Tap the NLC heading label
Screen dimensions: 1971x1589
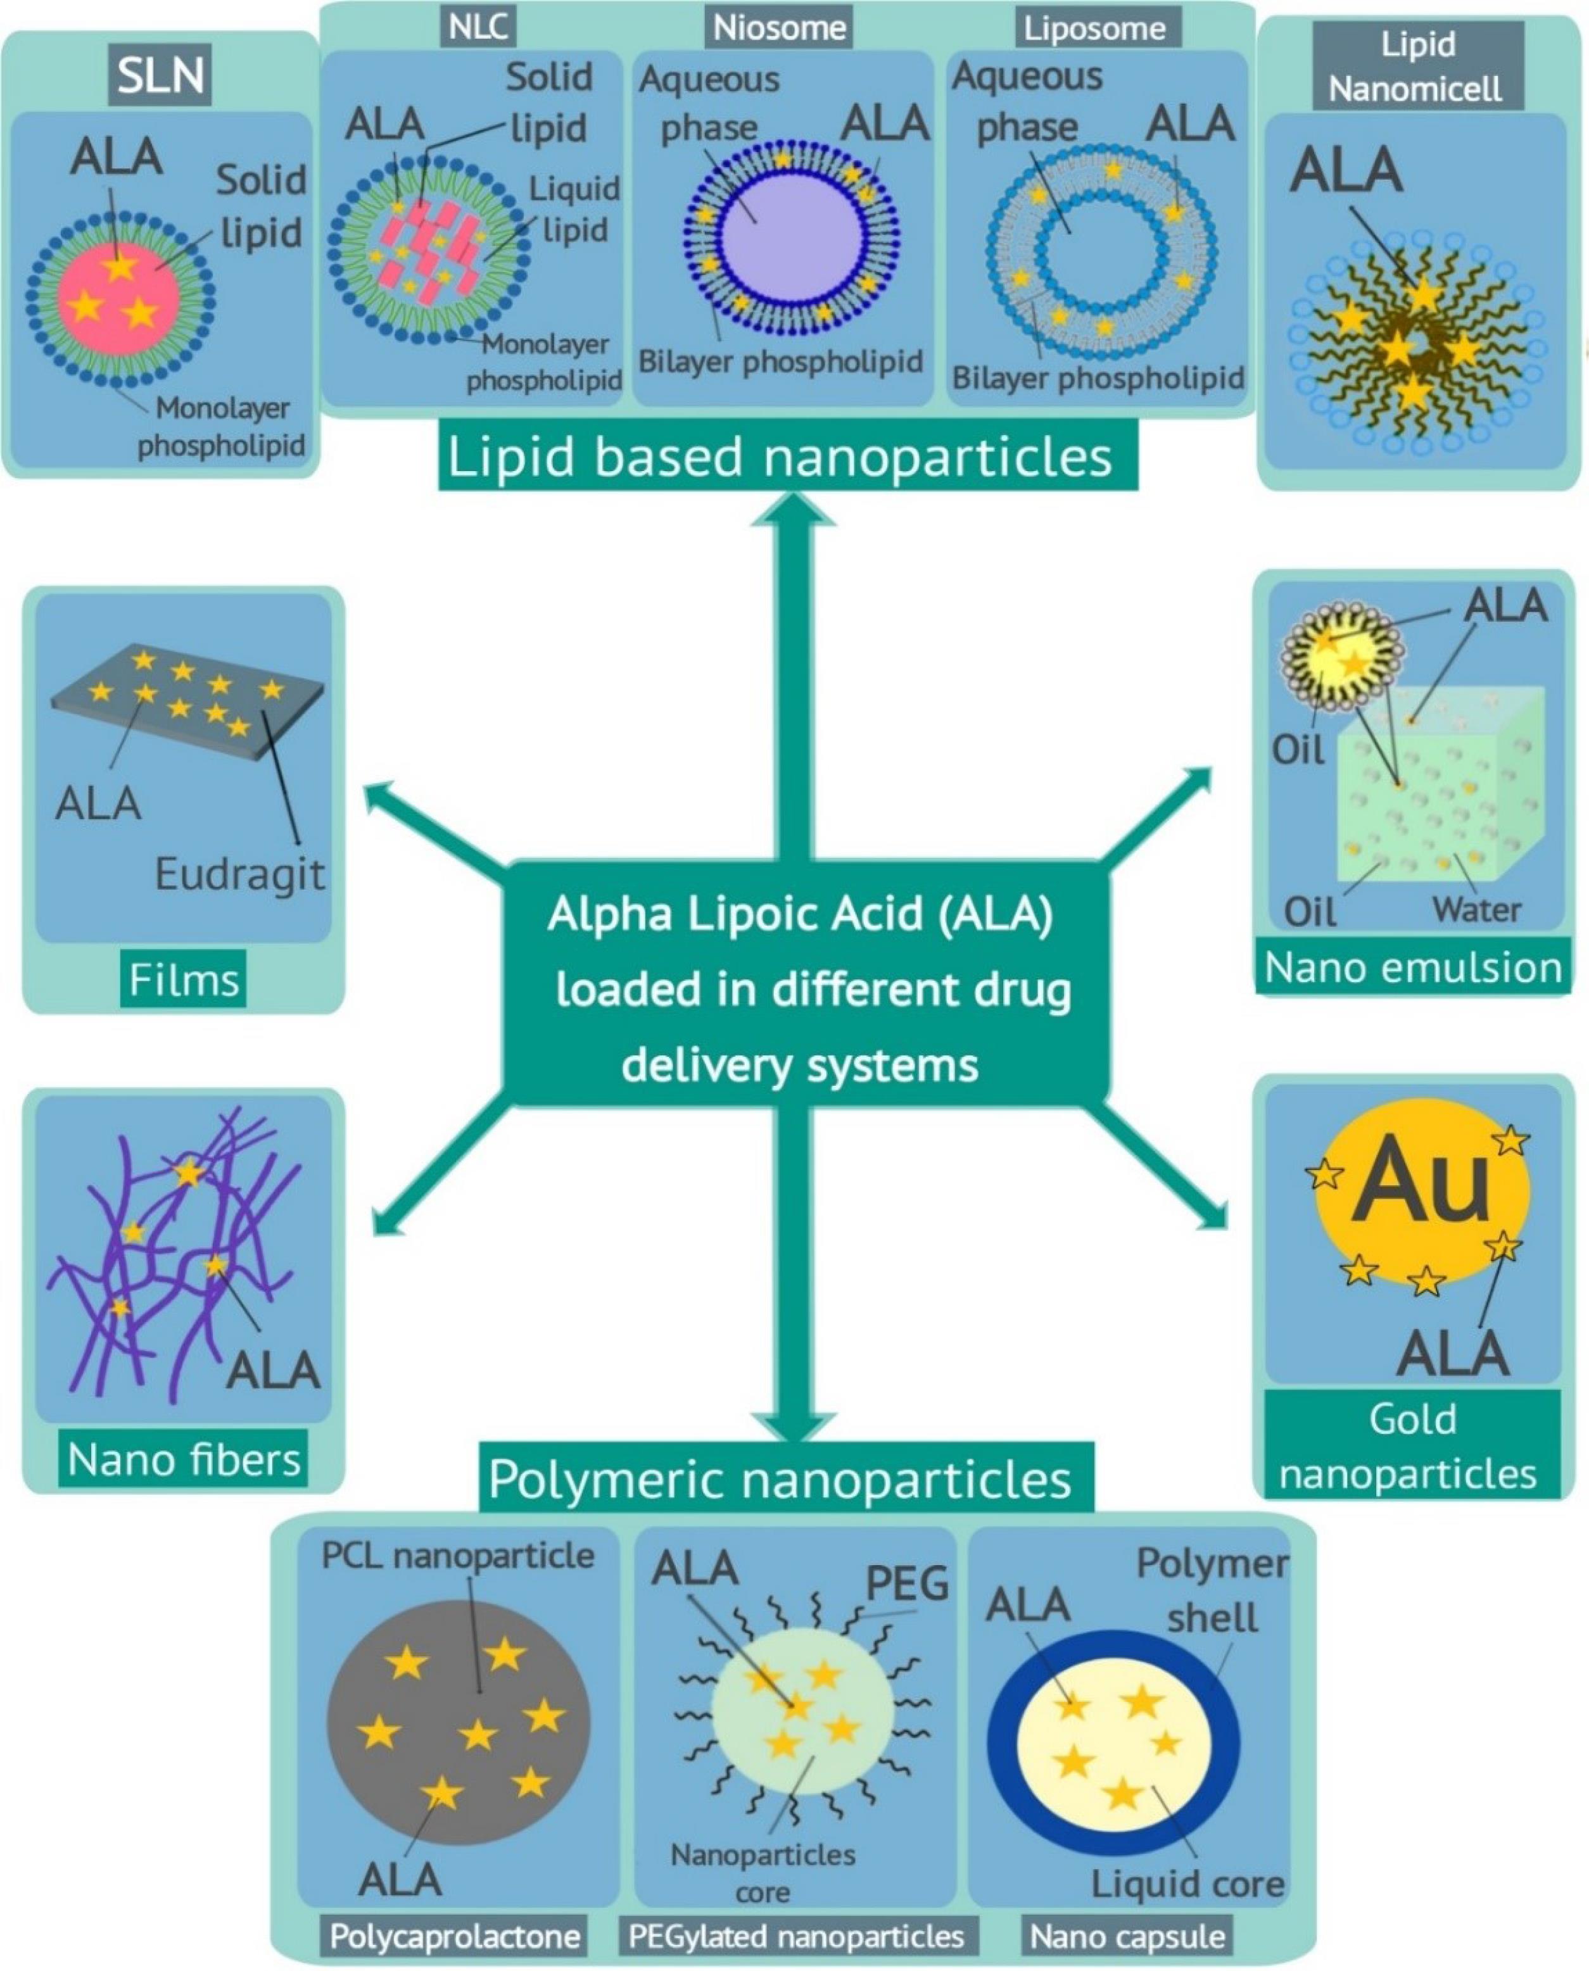coord(479,27)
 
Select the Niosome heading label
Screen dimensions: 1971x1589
coord(779,27)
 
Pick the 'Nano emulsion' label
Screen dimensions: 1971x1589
coord(1412,967)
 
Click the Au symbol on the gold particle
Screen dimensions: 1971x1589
coord(1420,1180)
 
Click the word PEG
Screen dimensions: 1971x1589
coord(906,1584)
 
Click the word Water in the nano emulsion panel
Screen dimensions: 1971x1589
coord(1476,910)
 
